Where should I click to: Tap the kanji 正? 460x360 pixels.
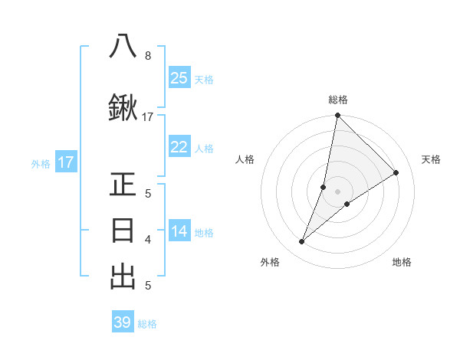pyautogui.click(x=123, y=185)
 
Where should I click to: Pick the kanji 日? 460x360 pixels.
pyautogui.click(x=123, y=231)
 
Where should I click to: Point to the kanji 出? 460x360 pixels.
pyautogui.click(x=123, y=277)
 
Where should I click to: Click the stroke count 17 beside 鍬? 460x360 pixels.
pyautogui.click(x=148, y=117)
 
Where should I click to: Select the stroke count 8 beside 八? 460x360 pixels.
pyautogui.click(x=147, y=55)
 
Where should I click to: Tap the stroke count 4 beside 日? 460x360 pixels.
pyautogui.click(x=147, y=240)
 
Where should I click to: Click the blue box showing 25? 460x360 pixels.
pyautogui.click(x=179, y=77)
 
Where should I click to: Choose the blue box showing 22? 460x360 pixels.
pyautogui.click(x=179, y=148)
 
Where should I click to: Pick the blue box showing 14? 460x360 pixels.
pyautogui.click(x=179, y=232)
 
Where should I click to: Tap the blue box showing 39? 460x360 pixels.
pyautogui.click(x=123, y=322)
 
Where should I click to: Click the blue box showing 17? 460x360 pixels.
pyautogui.click(x=65, y=162)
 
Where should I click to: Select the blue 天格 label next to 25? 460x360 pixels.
pyautogui.click(x=204, y=79)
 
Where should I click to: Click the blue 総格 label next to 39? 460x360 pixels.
pyautogui.click(x=147, y=324)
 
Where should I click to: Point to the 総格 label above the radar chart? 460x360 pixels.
pyautogui.click(x=338, y=100)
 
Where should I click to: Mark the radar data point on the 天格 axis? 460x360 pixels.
pyautogui.click(x=396, y=173)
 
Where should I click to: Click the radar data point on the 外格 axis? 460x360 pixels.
pyautogui.click(x=302, y=242)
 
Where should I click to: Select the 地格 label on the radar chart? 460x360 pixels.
pyautogui.click(x=402, y=263)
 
